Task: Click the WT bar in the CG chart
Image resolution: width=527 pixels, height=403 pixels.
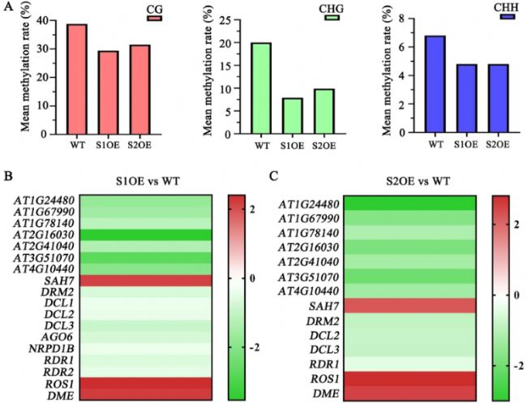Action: tap(77, 80)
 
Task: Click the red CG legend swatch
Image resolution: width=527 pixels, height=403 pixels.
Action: tap(155, 17)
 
